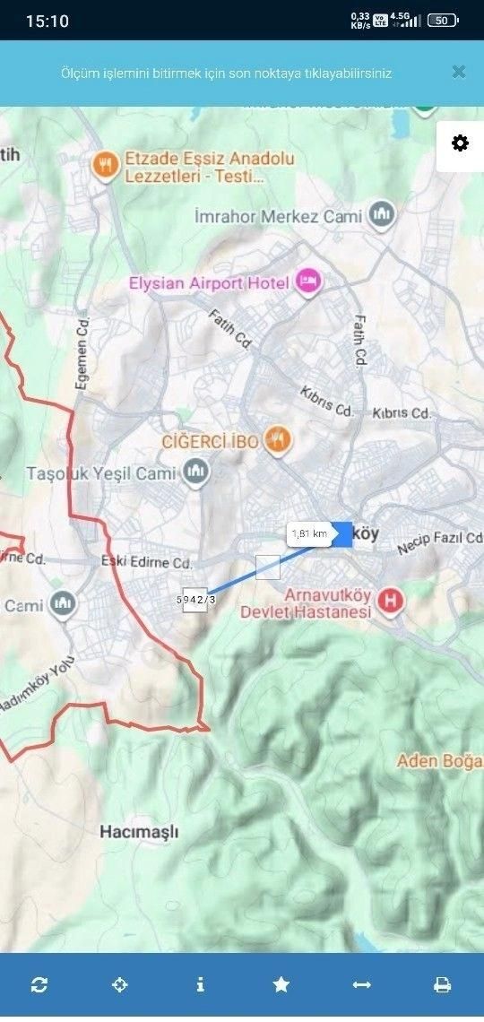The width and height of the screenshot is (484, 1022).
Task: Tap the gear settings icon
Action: pos(460,143)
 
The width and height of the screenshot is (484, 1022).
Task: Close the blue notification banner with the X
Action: pos(459,73)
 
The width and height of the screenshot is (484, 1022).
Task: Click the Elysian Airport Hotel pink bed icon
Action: pos(309,282)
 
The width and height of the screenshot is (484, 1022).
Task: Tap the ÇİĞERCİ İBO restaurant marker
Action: pos(278,439)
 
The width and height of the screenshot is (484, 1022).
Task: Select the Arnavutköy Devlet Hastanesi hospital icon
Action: pos(390,601)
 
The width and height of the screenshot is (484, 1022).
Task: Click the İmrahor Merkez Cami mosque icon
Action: pos(383,215)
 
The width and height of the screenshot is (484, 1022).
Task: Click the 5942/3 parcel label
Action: pos(195,599)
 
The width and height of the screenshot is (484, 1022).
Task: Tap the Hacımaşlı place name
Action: pos(139,832)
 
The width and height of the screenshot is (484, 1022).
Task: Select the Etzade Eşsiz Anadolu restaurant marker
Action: pos(106,164)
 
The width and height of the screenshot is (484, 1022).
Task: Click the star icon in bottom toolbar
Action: pos(281,984)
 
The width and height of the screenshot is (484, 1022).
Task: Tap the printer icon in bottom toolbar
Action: pos(443,984)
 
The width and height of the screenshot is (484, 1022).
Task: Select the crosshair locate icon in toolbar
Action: pos(119,984)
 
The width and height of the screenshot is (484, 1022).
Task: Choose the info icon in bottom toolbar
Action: pos(200,984)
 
